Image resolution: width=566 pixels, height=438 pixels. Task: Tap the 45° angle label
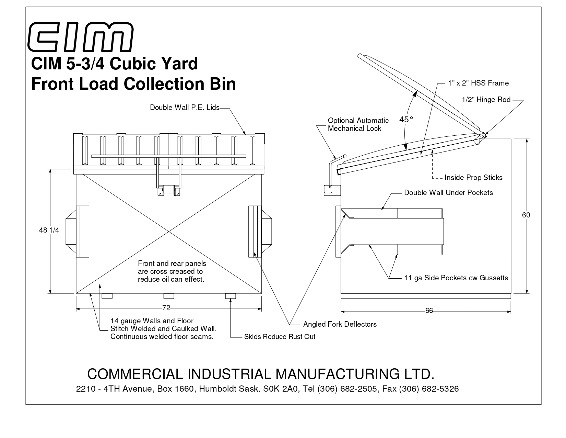click(x=406, y=120)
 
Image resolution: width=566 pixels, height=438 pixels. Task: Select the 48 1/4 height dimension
click(x=49, y=230)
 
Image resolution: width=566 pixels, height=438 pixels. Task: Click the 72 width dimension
click(x=166, y=308)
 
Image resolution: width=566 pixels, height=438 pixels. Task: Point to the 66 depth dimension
click(x=429, y=311)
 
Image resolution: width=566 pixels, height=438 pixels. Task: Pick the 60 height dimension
click(x=526, y=215)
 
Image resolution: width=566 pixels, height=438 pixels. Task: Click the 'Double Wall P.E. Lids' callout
click(x=184, y=108)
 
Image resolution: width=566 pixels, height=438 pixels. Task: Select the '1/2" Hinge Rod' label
click(x=486, y=100)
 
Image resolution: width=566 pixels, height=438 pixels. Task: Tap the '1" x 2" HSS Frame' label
click(x=478, y=83)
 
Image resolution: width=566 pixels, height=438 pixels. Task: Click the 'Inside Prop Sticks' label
click(x=473, y=178)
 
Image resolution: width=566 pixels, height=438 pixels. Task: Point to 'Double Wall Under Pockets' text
click(x=448, y=193)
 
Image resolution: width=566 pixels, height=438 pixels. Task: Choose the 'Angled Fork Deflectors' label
click(x=340, y=324)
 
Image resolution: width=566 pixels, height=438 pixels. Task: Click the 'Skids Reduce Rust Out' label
click(x=280, y=337)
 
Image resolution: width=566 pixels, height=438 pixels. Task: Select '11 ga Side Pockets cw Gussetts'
click(x=456, y=278)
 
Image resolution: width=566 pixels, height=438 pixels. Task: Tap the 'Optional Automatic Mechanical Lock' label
click(x=358, y=124)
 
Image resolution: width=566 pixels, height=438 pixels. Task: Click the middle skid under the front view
click(x=169, y=296)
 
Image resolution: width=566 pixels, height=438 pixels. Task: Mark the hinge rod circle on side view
click(x=483, y=136)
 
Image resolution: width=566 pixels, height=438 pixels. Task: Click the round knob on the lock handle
click(x=345, y=156)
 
